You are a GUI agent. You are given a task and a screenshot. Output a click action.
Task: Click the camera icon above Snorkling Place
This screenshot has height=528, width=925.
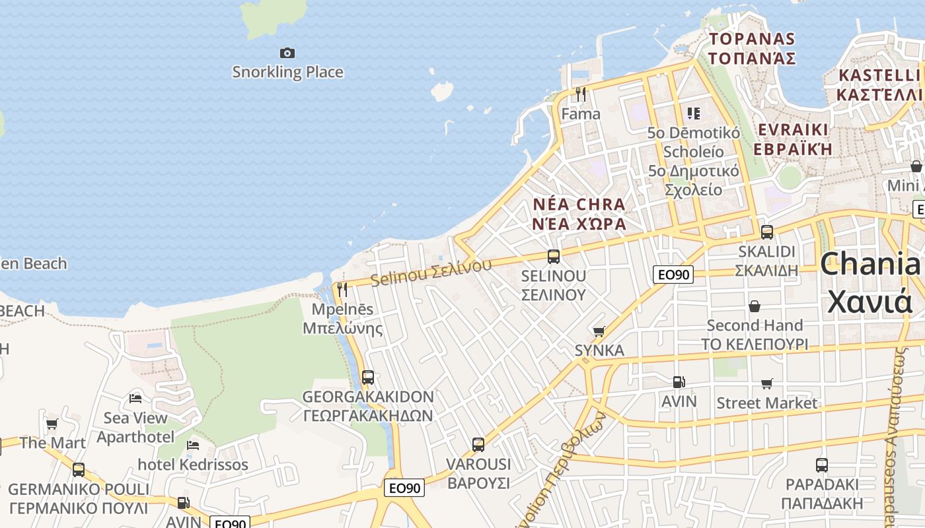(287, 53)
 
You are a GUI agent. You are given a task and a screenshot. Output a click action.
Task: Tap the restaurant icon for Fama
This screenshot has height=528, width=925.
(581, 94)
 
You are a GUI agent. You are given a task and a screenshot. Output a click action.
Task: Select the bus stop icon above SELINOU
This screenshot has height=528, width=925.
(554, 257)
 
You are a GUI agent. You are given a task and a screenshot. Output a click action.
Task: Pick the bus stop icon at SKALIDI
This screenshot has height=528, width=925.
(767, 232)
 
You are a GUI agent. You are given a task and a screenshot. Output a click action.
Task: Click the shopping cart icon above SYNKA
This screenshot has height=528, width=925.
(599, 331)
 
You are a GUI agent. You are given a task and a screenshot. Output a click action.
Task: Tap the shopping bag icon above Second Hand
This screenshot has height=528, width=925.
(755, 306)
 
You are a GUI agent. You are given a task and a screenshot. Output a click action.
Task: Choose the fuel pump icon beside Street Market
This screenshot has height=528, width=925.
(679, 382)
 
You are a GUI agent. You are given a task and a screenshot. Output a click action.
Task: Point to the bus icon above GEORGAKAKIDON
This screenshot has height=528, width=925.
(368, 378)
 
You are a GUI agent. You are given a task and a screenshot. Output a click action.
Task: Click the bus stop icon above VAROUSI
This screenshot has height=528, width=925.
(478, 445)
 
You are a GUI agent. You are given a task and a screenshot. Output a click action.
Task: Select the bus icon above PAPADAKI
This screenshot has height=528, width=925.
(822, 465)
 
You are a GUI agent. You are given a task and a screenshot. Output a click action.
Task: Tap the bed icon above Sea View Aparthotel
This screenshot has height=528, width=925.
(135, 398)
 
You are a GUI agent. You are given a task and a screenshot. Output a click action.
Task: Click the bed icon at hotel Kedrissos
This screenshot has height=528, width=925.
(193, 445)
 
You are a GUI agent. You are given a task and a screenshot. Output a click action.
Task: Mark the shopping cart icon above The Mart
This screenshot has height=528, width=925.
(52, 424)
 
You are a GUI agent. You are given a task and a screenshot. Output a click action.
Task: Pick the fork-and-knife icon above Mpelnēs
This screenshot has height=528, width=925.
(342, 290)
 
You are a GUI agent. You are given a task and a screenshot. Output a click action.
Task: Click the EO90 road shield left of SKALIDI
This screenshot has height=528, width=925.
(673, 275)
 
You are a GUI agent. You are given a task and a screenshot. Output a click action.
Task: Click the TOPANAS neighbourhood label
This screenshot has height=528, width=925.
(752, 48)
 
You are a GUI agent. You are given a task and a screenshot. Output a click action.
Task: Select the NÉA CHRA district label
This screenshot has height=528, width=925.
(579, 213)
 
